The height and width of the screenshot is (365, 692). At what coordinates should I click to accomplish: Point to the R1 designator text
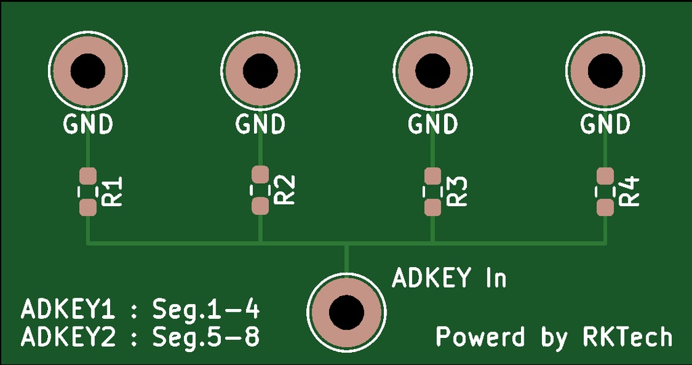(112, 191)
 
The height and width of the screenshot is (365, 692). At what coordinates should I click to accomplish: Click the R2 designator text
(285, 190)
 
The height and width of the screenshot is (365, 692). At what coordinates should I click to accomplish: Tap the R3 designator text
(458, 191)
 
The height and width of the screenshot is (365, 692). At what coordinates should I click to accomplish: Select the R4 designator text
(630, 191)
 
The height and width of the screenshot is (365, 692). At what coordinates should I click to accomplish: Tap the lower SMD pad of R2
(260, 205)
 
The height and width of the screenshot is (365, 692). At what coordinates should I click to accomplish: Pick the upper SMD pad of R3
(432, 176)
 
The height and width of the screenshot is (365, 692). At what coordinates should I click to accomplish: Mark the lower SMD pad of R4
(605, 205)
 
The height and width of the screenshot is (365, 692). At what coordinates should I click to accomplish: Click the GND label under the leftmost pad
(88, 124)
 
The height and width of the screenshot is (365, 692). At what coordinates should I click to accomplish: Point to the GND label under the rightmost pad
(605, 124)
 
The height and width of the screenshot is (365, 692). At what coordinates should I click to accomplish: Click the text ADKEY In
(449, 278)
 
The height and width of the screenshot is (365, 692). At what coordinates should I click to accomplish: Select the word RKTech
(627, 336)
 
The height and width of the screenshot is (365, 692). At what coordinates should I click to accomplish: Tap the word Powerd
(480, 336)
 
